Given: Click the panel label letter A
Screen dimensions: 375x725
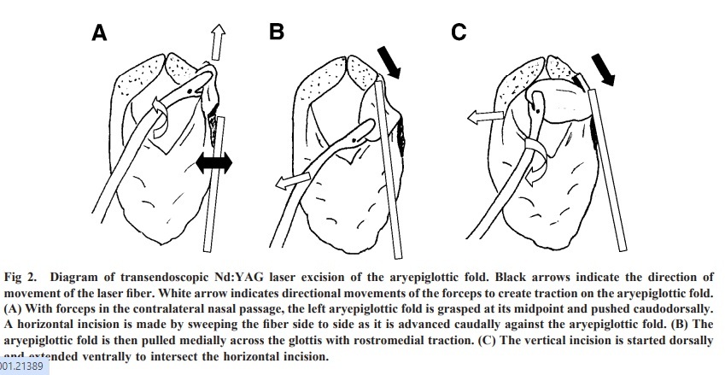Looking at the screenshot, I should tap(100, 33).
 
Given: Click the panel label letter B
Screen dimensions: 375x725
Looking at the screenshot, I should tap(276, 32).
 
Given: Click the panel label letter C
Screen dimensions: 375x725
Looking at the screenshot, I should tap(459, 32).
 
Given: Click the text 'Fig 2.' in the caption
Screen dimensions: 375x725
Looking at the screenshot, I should tap(25, 278).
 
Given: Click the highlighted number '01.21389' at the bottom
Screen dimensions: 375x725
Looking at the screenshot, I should tap(24, 366).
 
